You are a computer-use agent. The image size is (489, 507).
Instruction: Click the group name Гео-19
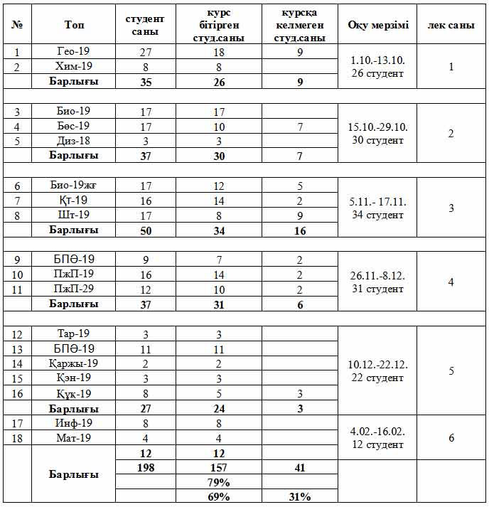point(73,52)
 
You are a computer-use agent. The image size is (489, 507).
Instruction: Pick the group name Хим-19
point(73,67)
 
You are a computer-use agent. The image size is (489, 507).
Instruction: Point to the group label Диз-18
point(73,141)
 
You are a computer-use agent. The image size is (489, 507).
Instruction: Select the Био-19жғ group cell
point(73,186)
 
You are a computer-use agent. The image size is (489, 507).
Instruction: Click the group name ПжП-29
point(73,289)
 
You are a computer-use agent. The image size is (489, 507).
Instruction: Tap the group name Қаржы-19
point(73,363)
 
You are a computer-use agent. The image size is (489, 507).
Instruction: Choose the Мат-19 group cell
point(73,438)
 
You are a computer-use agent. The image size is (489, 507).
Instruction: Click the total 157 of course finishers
point(218,468)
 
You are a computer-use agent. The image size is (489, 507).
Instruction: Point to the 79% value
point(218,482)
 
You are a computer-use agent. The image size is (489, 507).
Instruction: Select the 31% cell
point(300,496)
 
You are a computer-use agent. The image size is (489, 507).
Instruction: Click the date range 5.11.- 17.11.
point(378,201)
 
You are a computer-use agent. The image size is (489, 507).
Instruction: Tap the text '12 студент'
point(378,444)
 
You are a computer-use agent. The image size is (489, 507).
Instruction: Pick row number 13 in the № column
point(18,348)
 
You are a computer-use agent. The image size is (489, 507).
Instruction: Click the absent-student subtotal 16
point(300,230)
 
